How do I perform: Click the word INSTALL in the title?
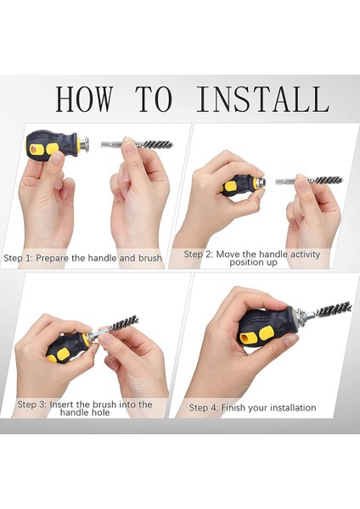coord(262,98)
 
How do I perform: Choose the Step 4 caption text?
coord(252,408)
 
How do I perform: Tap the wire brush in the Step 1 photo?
coord(157,144)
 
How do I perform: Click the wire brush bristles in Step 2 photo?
coord(325,180)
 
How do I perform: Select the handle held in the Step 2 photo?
coord(239,184)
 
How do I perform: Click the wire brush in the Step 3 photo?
coord(122,325)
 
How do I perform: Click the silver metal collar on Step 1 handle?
coord(83,145)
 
